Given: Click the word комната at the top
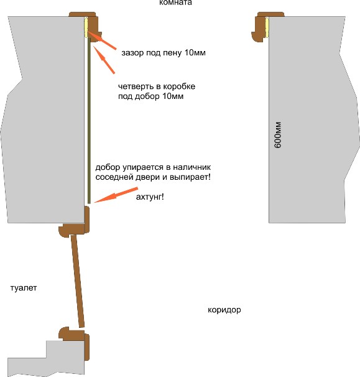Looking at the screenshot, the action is point(176,2).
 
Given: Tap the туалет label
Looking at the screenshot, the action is point(24,288).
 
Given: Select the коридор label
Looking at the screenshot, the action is point(224,310).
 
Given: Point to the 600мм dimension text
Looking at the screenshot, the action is point(277,135).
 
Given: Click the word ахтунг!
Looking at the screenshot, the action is point(150,197).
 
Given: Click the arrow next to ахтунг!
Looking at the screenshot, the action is point(116,195).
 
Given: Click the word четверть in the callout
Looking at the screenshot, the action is point(136,86).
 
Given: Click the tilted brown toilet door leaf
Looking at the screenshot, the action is point(77,281).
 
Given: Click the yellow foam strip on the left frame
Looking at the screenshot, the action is point(86,27).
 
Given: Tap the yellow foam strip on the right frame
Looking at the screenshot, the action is point(267,27).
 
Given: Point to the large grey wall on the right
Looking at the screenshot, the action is point(312,119).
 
